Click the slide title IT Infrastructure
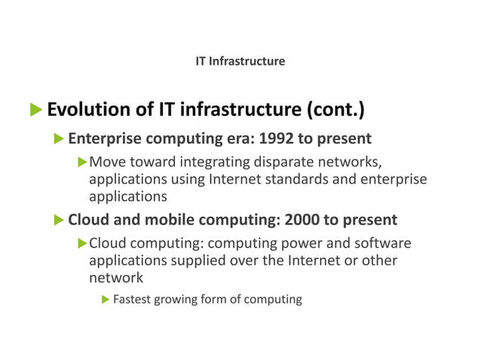240,61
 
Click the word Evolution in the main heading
89,110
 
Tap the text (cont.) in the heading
335,110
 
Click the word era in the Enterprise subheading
239,139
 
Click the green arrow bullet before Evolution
35,111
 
